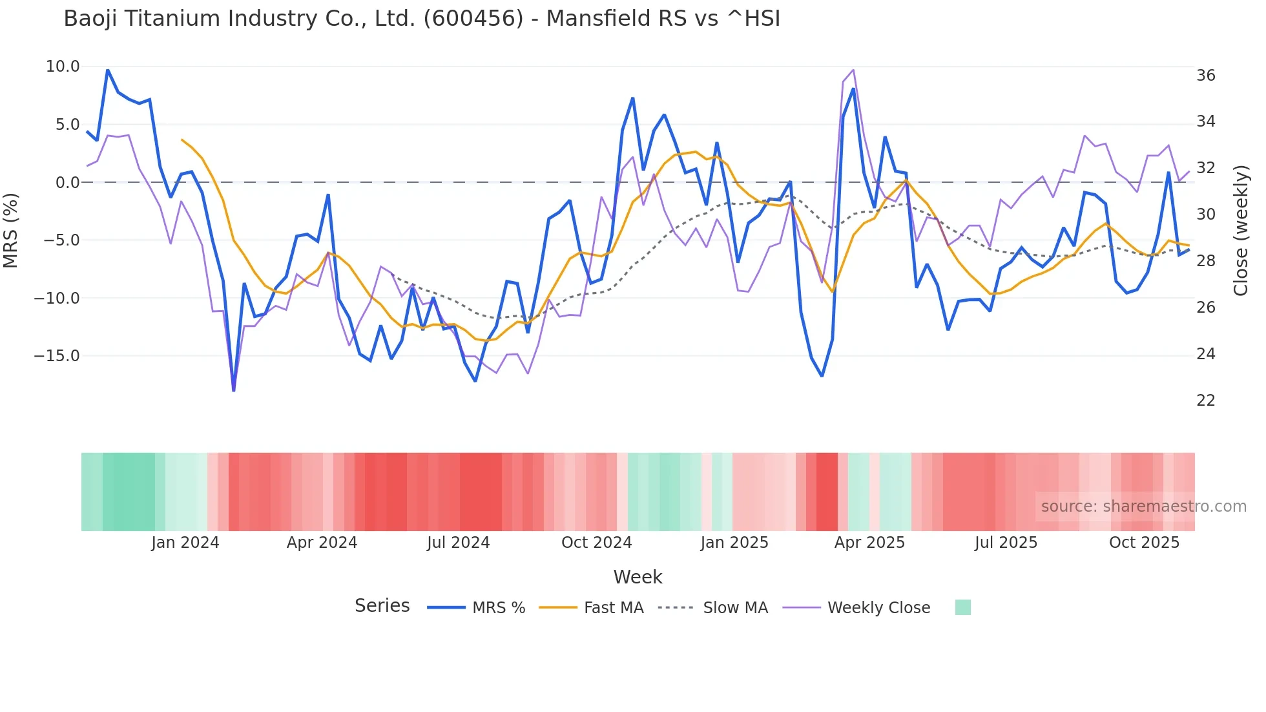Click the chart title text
(x=422, y=19)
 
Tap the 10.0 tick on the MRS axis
(x=63, y=67)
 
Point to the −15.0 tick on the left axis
(x=57, y=356)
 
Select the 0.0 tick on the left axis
(x=67, y=183)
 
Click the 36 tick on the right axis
(x=1205, y=76)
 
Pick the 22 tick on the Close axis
(x=1205, y=401)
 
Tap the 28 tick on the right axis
(x=1205, y=261)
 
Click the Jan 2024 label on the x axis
(x=185, y=543)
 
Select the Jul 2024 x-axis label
(x=458, y=543)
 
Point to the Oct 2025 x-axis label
(x=1144, y=543)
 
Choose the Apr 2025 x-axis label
(x=869, y=543)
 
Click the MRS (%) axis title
(x=11, y=230)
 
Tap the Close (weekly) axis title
(x=1241, y=231)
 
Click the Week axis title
(x=638, y=577)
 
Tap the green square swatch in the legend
(x=962, y=607)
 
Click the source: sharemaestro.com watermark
(x=1143, y=507)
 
